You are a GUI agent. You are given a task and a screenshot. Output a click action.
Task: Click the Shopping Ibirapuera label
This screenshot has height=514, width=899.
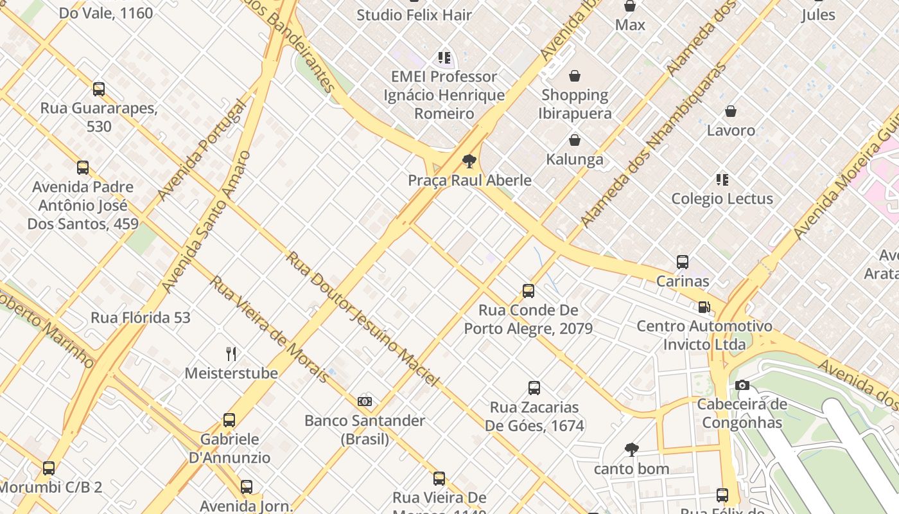coord(575,104)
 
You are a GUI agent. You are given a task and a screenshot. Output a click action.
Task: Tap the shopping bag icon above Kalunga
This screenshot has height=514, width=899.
coord(575,140)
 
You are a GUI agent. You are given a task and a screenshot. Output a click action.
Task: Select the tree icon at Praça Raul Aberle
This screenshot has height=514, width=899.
coord(469,161)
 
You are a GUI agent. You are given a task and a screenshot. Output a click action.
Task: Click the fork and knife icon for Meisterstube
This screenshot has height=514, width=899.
coord(231,353)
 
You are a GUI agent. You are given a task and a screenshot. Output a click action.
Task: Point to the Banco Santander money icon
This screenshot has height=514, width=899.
coord(365,402)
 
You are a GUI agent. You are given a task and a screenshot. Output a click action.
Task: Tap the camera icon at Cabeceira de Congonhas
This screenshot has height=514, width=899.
coord(742,385)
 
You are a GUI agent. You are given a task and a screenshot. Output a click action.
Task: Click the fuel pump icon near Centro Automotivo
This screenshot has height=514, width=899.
coord(704,307)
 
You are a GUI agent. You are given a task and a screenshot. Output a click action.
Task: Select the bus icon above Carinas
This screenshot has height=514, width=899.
coord(683,262)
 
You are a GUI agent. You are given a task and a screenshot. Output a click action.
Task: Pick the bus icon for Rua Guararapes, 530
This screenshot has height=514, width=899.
coord(99,89)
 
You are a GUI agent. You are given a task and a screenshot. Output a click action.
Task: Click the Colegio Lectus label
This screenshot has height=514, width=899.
coord(722,199)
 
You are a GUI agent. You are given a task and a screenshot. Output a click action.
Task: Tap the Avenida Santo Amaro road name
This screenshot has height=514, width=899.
coord(205,222)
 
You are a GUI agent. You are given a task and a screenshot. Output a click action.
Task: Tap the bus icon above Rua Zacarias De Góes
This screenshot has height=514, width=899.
coord(534,388)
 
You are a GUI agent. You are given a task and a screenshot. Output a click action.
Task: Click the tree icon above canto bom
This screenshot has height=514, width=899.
coord(632,450)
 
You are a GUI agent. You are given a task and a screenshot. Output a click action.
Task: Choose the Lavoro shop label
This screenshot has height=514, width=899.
coord(731,130)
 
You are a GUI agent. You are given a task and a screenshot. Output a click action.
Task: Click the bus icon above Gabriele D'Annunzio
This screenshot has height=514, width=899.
coord(229,420)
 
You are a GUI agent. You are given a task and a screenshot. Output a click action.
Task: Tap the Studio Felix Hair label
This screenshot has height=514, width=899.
coord(414,15)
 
